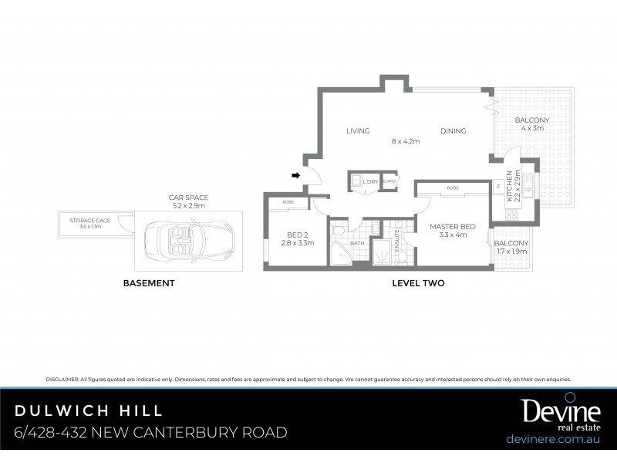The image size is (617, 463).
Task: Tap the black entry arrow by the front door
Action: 295,176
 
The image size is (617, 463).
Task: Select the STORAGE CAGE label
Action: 90,221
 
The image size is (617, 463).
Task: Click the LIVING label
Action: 358,131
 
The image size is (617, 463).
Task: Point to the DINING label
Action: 453,131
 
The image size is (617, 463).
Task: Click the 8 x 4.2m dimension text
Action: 405,141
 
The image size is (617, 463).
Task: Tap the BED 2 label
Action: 297,235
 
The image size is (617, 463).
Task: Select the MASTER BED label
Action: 453,226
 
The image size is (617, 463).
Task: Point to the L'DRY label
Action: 372,181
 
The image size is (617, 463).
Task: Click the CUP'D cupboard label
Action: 389,181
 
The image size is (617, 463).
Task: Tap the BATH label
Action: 357,243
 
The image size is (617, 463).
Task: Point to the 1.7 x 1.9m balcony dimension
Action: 511,251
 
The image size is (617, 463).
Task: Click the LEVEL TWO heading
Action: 418,284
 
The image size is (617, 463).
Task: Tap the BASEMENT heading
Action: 149,284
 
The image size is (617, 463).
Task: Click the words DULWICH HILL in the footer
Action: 89,410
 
